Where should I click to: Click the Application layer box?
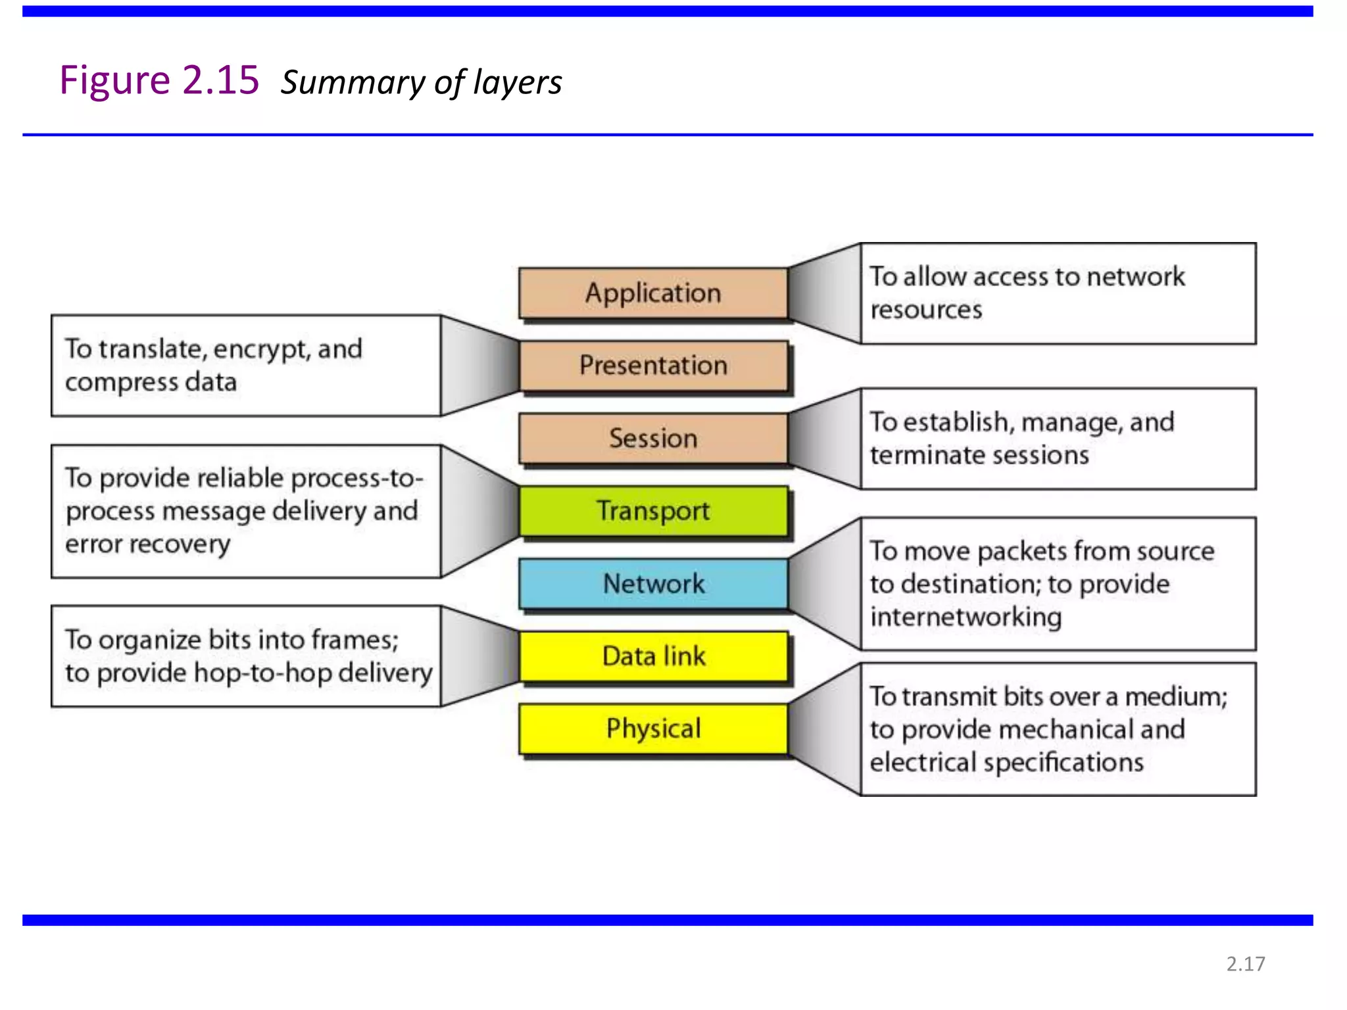[653, 293]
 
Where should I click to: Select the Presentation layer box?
[653, 366]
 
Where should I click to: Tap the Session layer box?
[653, 439]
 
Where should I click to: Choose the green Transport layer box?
[653, 511]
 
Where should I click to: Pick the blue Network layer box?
[653, 584]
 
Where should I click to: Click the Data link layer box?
[653, 656]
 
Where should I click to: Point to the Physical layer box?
[653, 729]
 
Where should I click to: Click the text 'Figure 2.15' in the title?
[159, 81]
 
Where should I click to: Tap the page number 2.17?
[1246, 964]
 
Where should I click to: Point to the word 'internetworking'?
[966, 617]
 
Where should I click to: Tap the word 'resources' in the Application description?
[926, 310]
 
